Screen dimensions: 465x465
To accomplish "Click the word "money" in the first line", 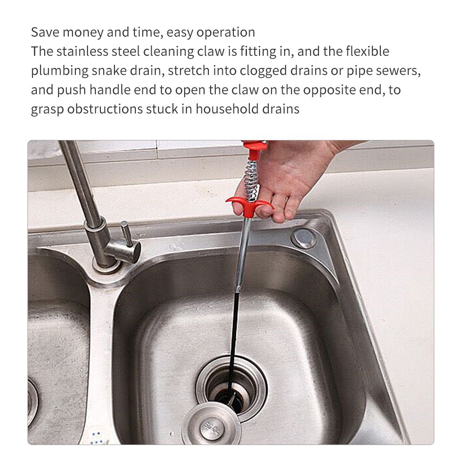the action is coord(83,33).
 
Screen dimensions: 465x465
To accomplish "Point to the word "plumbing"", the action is coord(60,71).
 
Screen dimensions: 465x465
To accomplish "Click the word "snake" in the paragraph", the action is coord(109,71).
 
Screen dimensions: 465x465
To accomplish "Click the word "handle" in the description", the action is coord(110,90).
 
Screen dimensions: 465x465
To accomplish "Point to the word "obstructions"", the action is coord(105,109).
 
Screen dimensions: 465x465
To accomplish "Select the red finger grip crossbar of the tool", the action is coord(249,205).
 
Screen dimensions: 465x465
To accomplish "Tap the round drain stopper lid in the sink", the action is coord(211,425).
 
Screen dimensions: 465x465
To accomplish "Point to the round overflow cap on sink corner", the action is coord(304,238).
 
